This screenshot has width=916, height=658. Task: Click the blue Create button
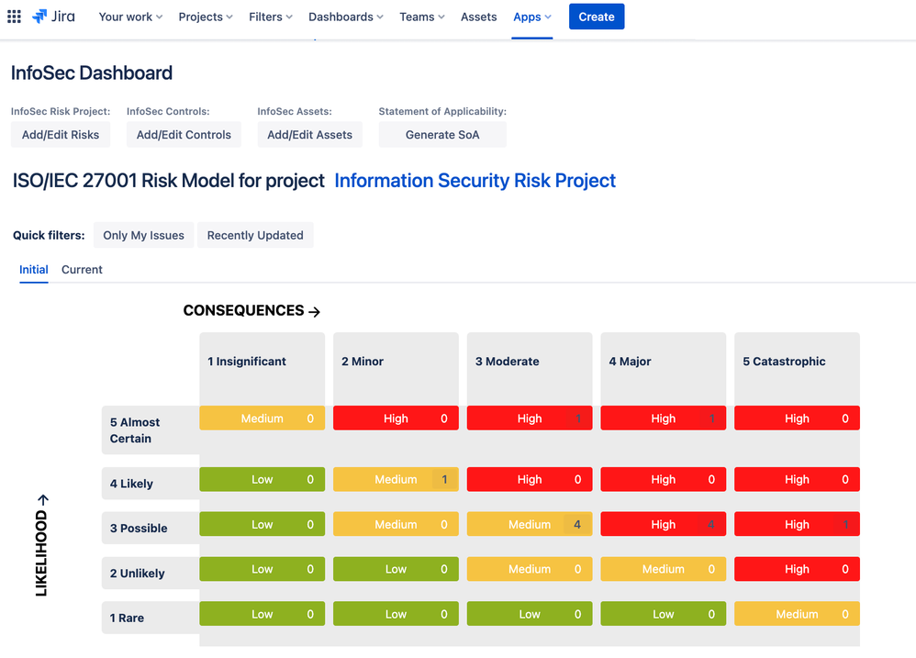point(597,17)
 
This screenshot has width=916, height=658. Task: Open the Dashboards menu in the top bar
point(346,17)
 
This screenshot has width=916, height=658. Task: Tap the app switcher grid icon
point(14,17)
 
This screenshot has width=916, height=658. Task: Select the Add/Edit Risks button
point(61,134)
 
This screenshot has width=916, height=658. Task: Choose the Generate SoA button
point(442,134)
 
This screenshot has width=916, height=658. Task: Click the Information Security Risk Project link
point(475,181)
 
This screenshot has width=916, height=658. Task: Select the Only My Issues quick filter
point(143,235)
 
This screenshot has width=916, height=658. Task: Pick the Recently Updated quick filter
point(255,235)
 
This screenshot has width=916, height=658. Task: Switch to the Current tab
point(82,270)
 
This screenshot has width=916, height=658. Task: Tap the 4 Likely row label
point(131,484)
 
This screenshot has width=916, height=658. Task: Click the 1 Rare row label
point(127,618)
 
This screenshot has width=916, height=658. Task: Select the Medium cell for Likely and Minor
point(396,479)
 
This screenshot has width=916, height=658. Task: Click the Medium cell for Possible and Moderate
point(530,525)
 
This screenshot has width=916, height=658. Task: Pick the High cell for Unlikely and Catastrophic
point(797,569)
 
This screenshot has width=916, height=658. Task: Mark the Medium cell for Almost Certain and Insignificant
point(262,418)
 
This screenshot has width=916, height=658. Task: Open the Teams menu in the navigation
point(422,17)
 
